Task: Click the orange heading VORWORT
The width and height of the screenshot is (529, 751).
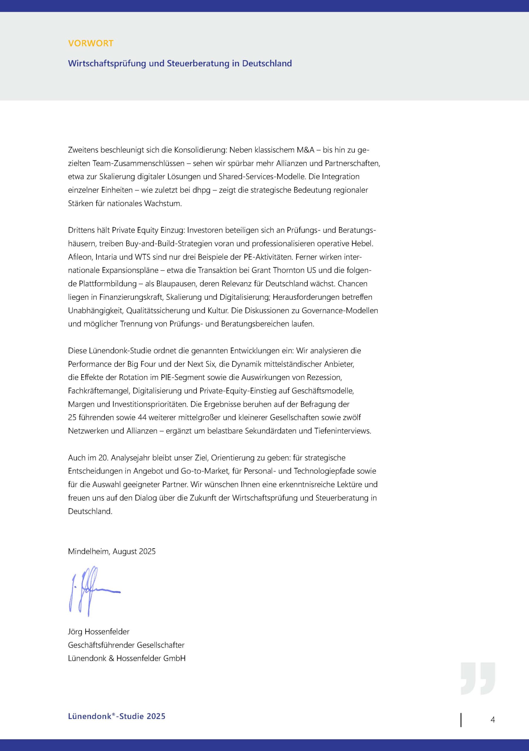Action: pyautogui.click(x=91, y=43)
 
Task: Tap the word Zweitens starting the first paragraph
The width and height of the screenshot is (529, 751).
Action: pyautogui.click(x=83, y=150)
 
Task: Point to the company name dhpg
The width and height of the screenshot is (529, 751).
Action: pyautogui.click(x=201, y=190)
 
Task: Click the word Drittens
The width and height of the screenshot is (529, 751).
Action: pyautogui.click(x=81, y=230)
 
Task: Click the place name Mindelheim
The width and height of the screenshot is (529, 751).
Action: pyautogui.click(x=89, y=552)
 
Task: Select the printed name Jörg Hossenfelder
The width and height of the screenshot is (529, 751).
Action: pyautogui.click(x=99, y=632)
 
